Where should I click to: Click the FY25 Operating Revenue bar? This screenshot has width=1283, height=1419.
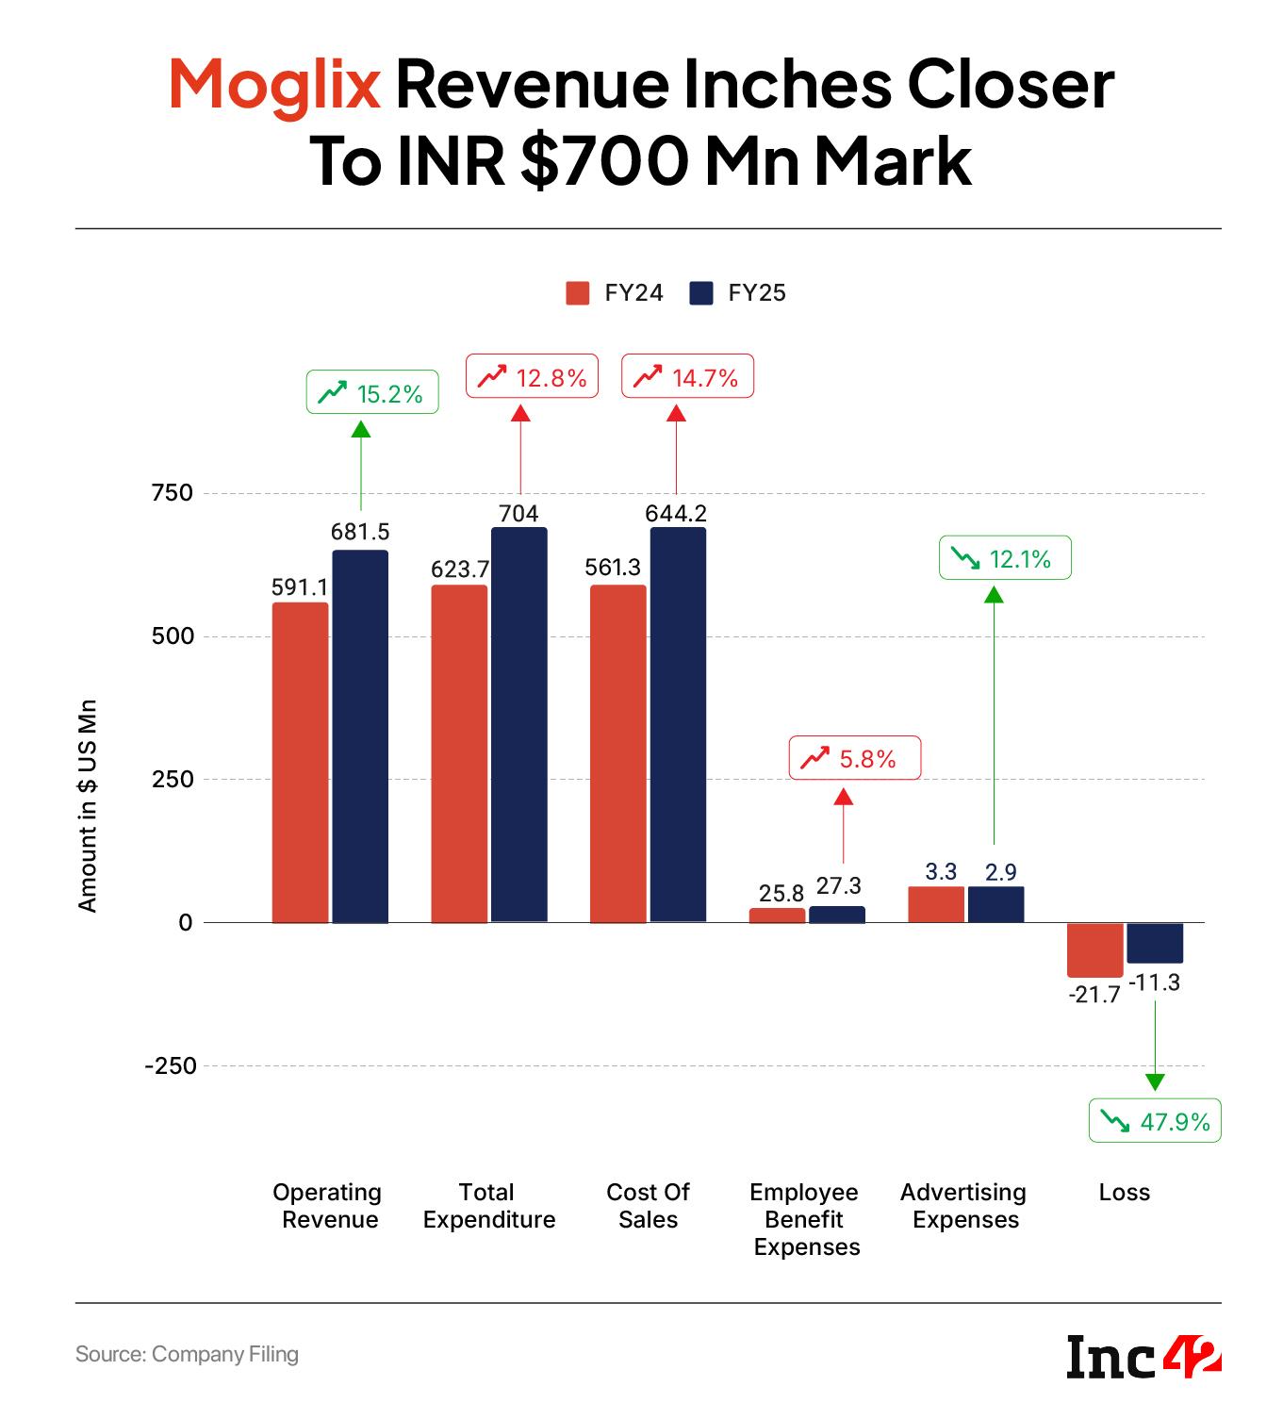[x=360, y=735]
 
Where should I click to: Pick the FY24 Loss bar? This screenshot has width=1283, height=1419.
[x=1094, y=949]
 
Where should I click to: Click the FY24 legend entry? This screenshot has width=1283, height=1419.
[x=615, y=293]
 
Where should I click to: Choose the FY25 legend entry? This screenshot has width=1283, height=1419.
[x=738, y=293]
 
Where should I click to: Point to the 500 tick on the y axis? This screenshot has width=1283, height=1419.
[x=173, y=636]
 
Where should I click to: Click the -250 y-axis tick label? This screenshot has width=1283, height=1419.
[x=171, y=1066]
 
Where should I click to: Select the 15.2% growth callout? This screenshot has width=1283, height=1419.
[x=372, y=392]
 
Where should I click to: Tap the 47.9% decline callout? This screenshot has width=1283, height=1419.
[x=1155, y=1121]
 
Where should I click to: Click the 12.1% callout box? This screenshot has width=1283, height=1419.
[x=1005, y=558]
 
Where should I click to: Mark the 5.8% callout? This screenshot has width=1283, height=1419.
[x=854, y=758]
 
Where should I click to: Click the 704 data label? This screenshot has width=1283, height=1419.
[x=518, y=513]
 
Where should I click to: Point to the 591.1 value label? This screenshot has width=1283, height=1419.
[x=300, y=587]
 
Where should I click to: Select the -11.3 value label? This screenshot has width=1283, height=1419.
[x=1155, y=982]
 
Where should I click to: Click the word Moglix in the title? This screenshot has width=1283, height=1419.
[x=274, y=84]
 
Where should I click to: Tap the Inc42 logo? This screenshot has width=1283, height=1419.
[x=1143, y=1357]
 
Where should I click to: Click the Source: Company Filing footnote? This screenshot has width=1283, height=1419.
[x=187, y=1355]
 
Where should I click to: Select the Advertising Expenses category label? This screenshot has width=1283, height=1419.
[x=963, y=1206]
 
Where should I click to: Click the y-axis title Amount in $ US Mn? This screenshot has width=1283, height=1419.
[x=88, y=805]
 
